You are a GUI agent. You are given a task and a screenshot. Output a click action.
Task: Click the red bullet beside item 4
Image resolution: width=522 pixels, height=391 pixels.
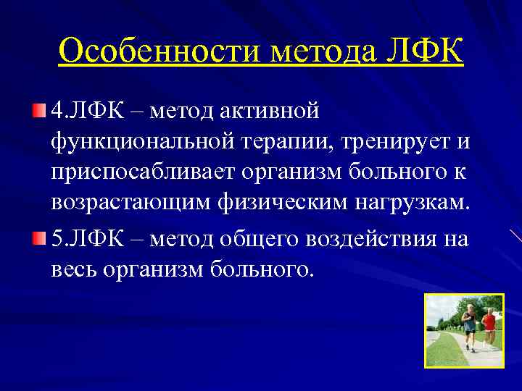coord(38,112)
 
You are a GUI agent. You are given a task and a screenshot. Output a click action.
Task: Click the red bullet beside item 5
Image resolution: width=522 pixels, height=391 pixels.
coord(38,238)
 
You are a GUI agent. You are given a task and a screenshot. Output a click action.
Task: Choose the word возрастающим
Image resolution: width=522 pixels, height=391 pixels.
coord(130,206)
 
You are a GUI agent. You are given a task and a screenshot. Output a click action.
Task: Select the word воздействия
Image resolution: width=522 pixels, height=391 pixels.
coord(373,238)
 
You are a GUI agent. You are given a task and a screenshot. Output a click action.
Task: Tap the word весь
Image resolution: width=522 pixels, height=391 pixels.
coord(73,269)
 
